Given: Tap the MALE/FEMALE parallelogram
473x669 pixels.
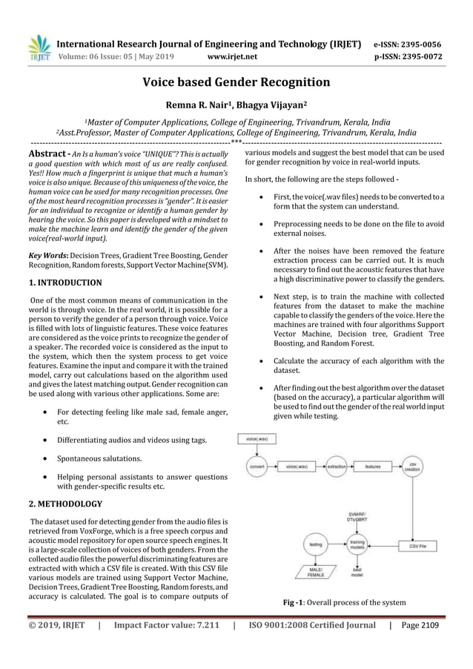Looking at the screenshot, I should [x=308, y=571].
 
